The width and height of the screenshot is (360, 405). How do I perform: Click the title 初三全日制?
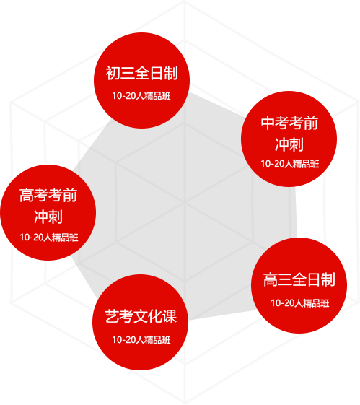pos(141,73)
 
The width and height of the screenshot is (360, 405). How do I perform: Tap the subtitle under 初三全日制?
pos(141,96)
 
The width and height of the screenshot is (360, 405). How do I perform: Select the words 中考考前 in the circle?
pos(289,123)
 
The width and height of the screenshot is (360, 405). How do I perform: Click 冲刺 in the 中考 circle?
pos(289,144)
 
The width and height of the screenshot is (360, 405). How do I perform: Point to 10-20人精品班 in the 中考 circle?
pos(290,164)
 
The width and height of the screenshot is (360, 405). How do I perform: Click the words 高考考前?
pos(48,195)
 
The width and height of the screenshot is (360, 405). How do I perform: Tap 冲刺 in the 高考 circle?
pos(48,217)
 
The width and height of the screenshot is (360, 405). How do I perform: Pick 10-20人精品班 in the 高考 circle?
pos(49,238)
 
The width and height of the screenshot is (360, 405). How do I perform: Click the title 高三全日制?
pos(299,279)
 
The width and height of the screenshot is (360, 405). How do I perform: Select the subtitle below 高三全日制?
pos(300,303)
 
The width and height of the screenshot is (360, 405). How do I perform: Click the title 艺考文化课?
pos(141,316)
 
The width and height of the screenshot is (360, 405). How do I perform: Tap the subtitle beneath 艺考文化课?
pos(141,339)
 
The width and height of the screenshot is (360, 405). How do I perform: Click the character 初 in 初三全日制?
pos(113,73)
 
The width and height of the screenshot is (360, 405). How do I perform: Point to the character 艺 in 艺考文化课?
pos(112,316)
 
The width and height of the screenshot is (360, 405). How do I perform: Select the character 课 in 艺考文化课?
pos(170,316)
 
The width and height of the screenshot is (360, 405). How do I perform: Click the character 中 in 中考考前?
pos(268,123)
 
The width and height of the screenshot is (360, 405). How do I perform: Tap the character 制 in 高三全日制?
pos(328,279)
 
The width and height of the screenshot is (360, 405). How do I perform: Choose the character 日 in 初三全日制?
pos(157,73)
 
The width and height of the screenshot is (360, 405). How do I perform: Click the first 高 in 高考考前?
pos(27,195)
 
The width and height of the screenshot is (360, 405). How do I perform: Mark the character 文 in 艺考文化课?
pos(141,316)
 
